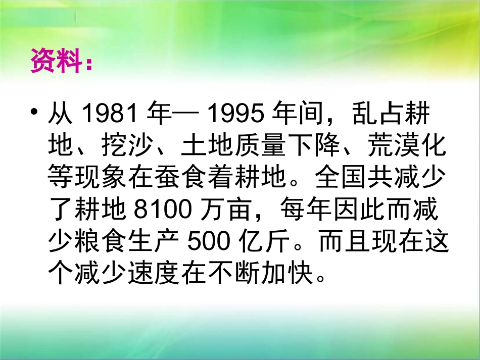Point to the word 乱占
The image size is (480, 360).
click(x=376, y=114)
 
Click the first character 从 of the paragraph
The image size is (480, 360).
click(x=59, y=114)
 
